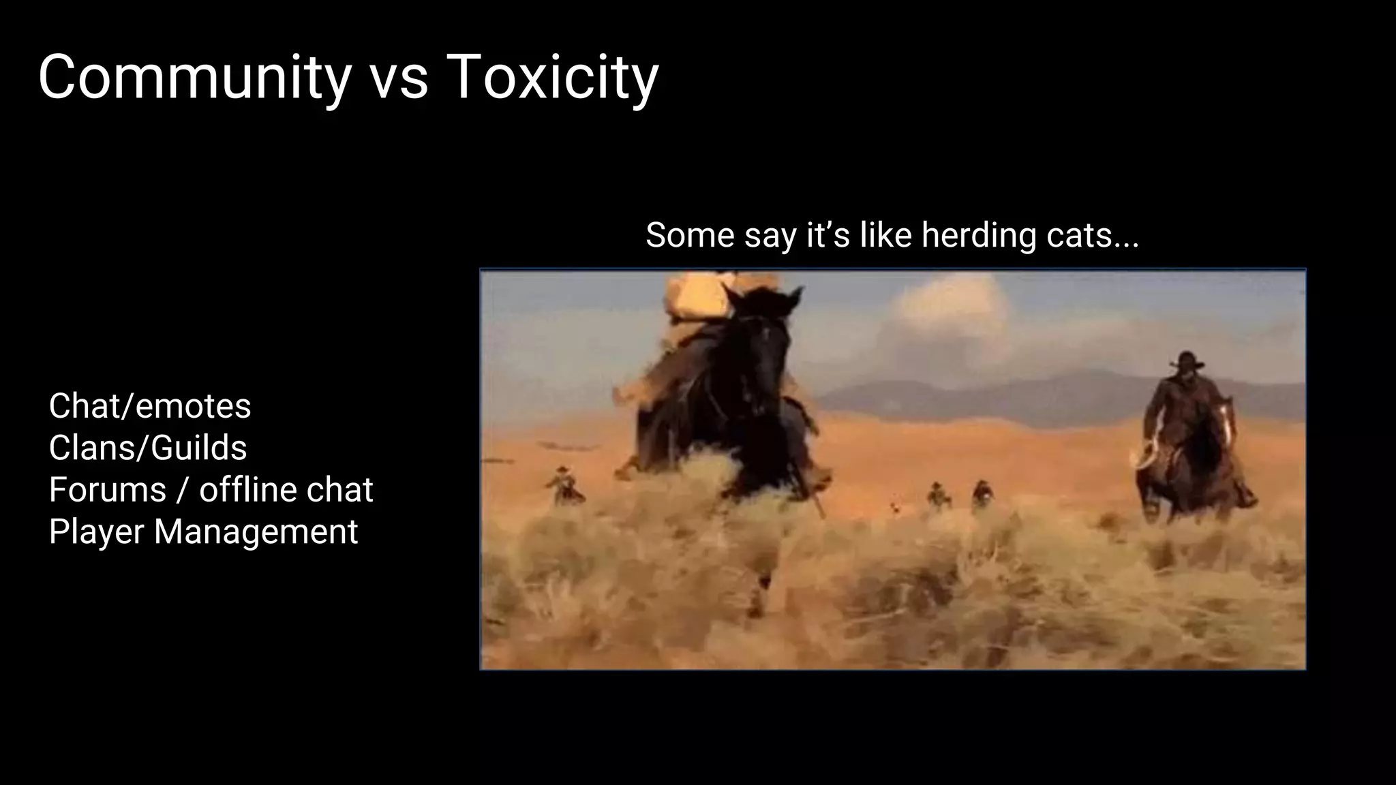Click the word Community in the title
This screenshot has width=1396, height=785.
194,78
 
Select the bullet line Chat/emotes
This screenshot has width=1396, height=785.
150,406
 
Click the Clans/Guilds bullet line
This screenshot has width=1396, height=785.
148,448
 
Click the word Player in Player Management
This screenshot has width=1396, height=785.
95,532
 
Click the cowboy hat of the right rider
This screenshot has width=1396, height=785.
1187,359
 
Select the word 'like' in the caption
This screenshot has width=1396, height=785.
885,235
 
